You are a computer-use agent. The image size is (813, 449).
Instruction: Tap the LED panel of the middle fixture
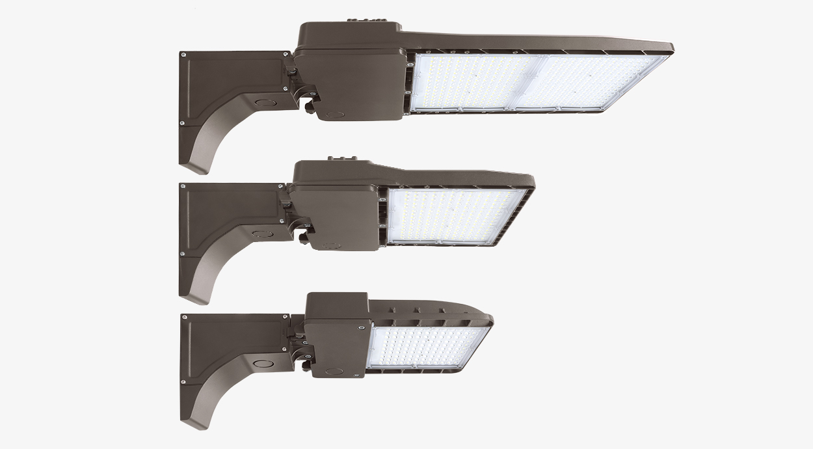coord(455,215)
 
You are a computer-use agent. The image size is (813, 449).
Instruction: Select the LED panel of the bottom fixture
coord(426,346)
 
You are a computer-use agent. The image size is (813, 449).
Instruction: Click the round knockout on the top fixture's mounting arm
coord(263,102)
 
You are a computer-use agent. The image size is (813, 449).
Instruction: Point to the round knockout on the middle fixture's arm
coord(261,232)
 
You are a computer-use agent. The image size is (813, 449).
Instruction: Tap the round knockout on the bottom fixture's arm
coord(263,364)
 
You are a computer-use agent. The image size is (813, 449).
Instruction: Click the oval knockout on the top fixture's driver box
coord(336,114)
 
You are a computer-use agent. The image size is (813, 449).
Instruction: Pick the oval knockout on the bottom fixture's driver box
coord(334,371)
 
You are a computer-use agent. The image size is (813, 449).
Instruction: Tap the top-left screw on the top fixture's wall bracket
coord(185,55)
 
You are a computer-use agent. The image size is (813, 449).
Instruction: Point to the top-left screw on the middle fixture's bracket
coord(184,186)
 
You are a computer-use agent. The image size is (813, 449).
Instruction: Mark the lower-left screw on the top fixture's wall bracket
coord(182,122)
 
